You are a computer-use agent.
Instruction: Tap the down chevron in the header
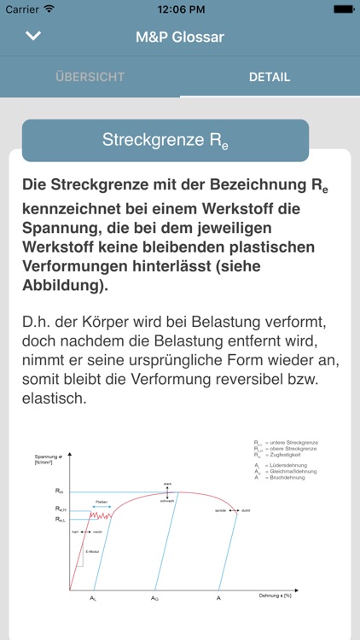pos(34,36)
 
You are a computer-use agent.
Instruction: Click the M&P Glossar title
pos(180,37)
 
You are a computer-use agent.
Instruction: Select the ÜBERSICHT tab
pos(90,77)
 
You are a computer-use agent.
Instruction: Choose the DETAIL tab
pos(270,77)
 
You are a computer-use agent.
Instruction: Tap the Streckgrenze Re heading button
pos(165,141)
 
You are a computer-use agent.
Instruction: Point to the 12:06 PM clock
pos(179,9)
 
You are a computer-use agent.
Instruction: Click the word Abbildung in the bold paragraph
pos(63,285)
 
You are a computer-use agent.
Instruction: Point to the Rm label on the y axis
pos(59,491)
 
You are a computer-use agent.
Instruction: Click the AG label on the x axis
pos(154,598)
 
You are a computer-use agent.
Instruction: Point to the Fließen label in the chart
pos(101,502)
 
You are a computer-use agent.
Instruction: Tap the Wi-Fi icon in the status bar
pos(49,9)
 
